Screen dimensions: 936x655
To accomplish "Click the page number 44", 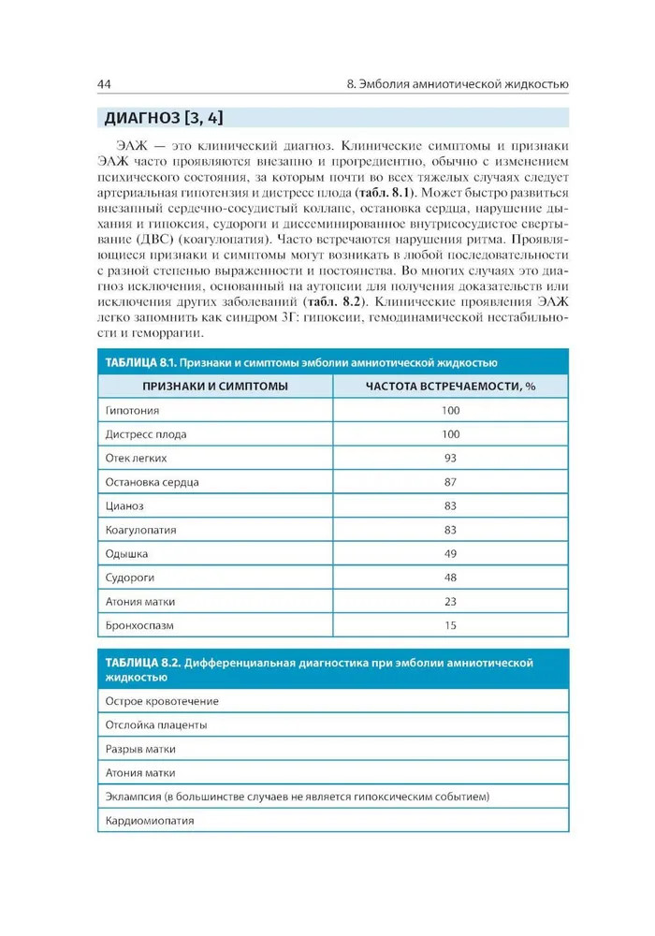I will click(105, 86).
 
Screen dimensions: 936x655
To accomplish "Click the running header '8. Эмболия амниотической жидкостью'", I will click(457, 86).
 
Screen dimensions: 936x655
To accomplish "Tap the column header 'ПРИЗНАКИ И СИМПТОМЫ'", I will click(215, 386).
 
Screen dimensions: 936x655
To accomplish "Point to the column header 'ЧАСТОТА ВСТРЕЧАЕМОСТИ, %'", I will click(450, 386).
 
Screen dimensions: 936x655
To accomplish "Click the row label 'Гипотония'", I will click(133, 410).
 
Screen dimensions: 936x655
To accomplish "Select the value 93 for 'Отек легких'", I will click(450, 458).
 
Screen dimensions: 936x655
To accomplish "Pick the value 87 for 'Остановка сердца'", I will click(450, 482).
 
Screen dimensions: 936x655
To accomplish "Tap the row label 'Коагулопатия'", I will click(141, 530).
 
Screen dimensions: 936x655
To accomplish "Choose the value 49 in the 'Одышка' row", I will click(450, 553).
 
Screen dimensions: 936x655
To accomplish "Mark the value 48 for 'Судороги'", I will click(450, 578).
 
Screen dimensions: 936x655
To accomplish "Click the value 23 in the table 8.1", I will click(450, 601).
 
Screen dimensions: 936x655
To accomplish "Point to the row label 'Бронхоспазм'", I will click(140, 624).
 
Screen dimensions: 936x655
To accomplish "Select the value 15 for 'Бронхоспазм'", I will click(450, 624).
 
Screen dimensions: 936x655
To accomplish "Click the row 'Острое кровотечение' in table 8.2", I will click(162, 700).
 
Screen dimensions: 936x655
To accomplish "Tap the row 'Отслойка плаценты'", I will click(156, 724).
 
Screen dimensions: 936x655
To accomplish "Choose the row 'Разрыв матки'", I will click(141, 749).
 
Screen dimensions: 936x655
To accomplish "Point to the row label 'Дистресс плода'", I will click(146, 434).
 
